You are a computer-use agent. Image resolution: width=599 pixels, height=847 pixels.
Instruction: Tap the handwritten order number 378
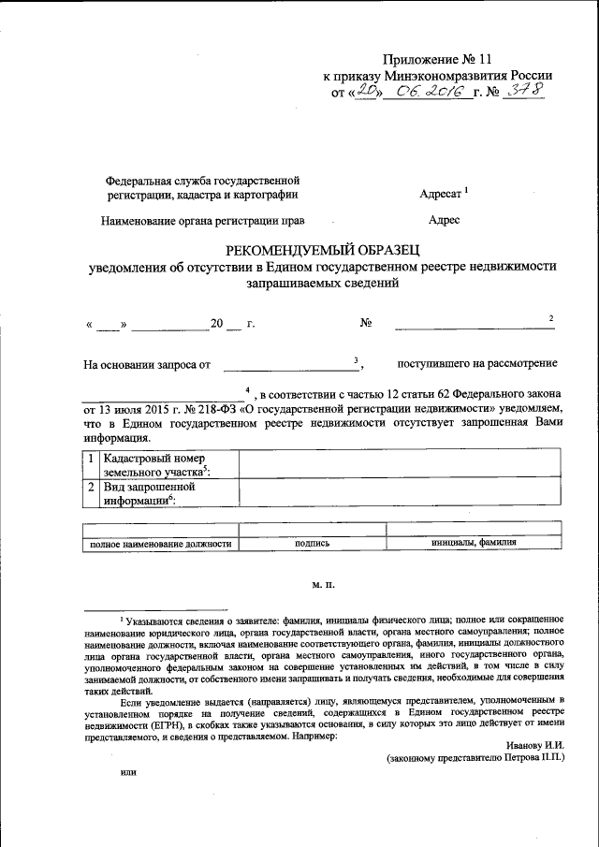pos(523,92)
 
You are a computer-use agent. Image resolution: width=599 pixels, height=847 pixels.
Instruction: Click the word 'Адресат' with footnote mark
pos(444,195)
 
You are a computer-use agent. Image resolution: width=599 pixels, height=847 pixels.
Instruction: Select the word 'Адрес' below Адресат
pos(444,222)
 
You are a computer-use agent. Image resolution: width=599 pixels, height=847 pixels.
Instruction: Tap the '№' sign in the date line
pos(367,324)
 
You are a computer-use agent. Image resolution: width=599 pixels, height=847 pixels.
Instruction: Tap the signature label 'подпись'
pos(311,543)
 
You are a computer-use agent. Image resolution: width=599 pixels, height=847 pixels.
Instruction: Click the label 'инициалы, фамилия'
pos(474,543)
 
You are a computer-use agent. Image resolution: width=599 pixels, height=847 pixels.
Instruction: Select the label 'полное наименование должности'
pos(160,543)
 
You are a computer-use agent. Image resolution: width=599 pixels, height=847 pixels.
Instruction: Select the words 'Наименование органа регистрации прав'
pos(204,222)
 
